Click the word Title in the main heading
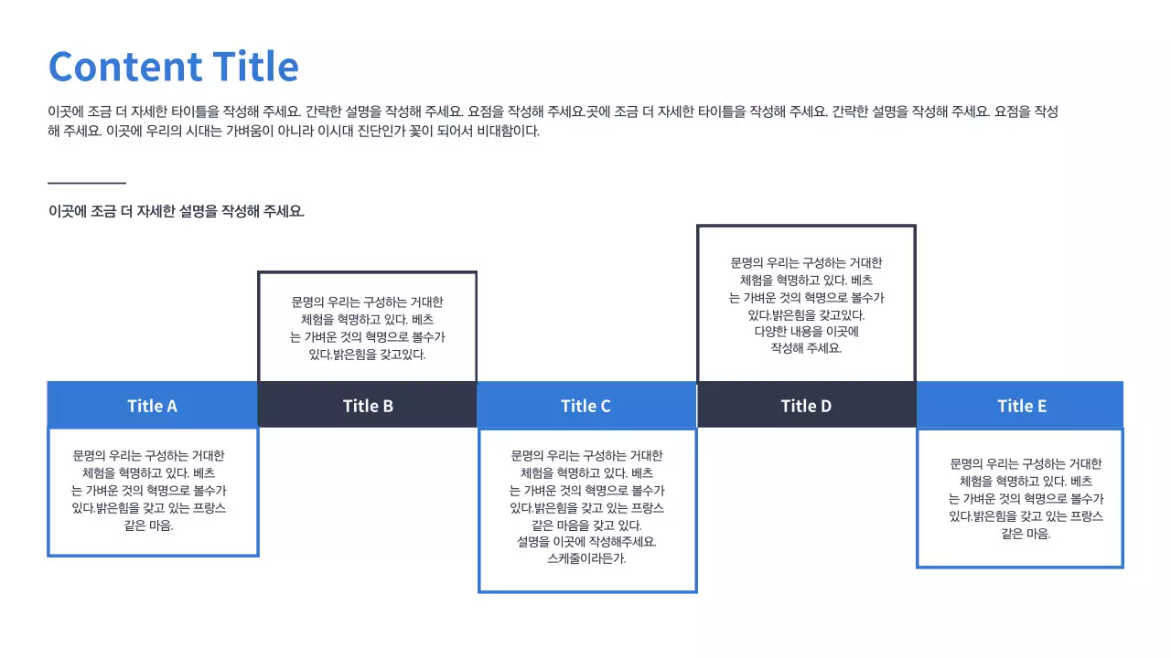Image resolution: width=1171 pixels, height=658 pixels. coord(255,67)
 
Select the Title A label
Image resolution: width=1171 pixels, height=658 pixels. coord(152,406)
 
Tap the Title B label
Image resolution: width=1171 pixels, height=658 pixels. coord(368,406)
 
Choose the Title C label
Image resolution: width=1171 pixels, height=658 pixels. coord(585,406)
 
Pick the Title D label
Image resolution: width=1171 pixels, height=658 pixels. coord(806,406)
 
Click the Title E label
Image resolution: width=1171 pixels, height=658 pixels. coord(1022,406)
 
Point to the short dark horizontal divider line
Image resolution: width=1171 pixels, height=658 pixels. coord(86,184)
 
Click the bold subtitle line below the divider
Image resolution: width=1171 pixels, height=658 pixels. coord(177,211)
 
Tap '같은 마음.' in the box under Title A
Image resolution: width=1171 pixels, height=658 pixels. coord(148,525)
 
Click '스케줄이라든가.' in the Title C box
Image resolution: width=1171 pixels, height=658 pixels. coord(586,558)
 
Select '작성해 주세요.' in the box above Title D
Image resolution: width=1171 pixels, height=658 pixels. coord(806,348)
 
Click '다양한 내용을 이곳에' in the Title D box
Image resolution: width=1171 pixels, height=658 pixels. coord(806,331)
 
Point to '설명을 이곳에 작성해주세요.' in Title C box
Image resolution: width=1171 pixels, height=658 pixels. coord(586,541)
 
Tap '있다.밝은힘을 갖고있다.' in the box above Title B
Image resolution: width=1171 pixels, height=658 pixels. coord(367,354)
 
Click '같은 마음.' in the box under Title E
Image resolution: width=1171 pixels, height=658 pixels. coord(1026,534)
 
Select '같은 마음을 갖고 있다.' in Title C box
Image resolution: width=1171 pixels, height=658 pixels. coord(586,525)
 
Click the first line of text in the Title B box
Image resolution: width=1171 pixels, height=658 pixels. coord(367,302)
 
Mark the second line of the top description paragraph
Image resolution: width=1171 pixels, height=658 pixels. coord(294,131)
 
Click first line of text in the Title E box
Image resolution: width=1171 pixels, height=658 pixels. coord(1026,464)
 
